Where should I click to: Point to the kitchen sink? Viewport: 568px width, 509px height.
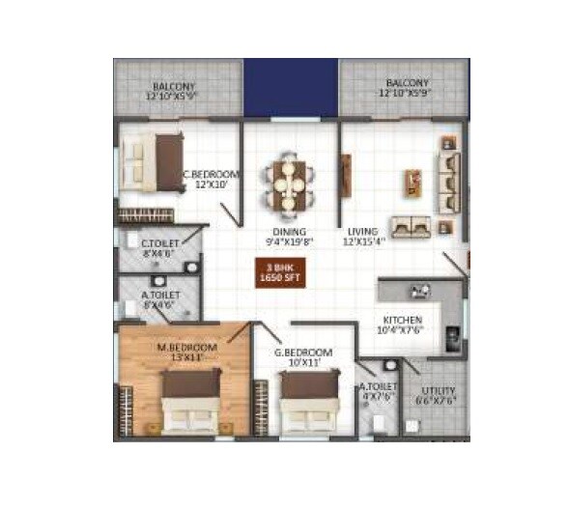[421, 289]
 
